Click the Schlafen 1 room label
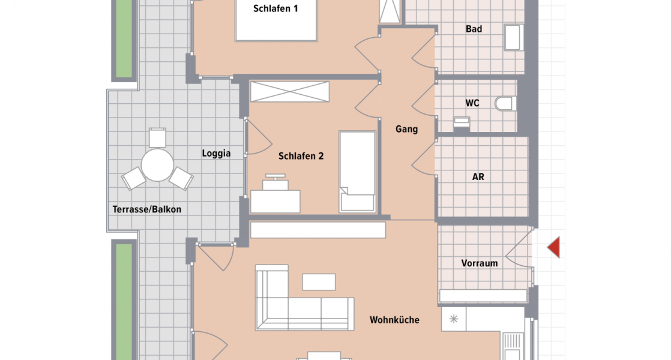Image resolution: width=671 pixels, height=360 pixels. [275, 8]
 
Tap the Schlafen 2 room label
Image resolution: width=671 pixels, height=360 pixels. [301, 156]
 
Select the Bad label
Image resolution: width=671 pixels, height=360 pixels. [474, 29]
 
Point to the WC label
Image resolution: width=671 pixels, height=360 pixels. [472, 103]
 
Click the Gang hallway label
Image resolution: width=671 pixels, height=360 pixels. [406, 129]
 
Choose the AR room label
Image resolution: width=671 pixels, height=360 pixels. [478, 177]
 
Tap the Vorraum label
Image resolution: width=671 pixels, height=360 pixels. [480, 263]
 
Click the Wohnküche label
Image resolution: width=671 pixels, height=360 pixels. [394, 320]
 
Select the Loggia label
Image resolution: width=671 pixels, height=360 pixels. [216, 154]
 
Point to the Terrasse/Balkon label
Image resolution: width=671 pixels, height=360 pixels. [146, 209]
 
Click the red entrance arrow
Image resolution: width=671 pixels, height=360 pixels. [553, 247]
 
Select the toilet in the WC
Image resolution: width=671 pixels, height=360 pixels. [505, 103]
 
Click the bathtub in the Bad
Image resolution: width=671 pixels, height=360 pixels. [513, 37]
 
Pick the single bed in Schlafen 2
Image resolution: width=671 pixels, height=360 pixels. [358, 172]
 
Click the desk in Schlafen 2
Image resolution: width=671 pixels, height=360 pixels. [275, 200]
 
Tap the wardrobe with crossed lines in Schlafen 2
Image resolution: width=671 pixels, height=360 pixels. [290, 92]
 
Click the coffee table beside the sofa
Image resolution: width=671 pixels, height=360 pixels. [319, 281]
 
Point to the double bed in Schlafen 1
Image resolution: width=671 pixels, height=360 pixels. [275, 24]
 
